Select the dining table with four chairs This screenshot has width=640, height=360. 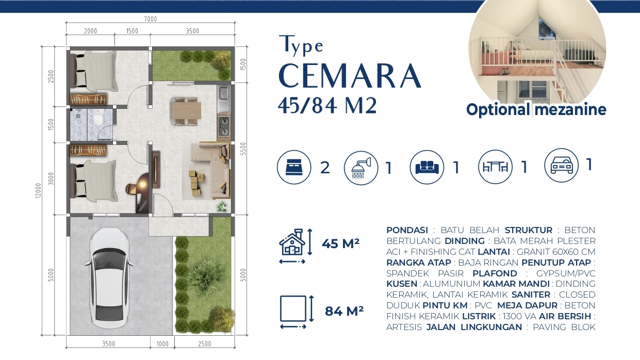(186, 111)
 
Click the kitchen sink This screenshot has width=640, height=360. (223, 94)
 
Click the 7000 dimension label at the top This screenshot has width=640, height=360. (150, 19)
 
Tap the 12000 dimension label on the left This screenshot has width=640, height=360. (38, 190)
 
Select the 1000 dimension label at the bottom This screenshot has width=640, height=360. (162, 343)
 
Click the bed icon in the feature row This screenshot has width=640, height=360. (294, 167)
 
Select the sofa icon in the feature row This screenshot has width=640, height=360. (427, 167)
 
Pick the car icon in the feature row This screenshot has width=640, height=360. (561, 165)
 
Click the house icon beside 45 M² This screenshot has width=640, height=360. (292, 243)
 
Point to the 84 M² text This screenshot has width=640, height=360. (344, 311)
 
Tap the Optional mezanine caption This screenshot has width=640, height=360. (536, 109)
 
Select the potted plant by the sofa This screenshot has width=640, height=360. (222, 206)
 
